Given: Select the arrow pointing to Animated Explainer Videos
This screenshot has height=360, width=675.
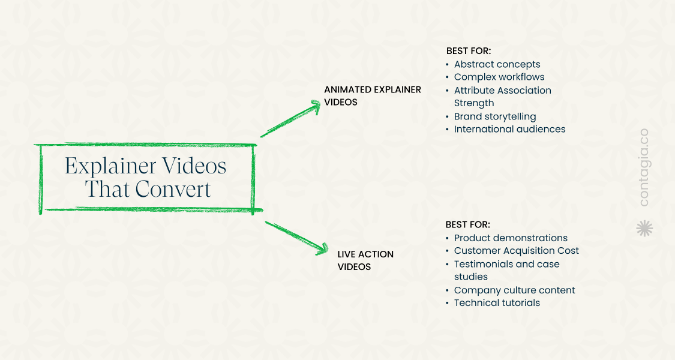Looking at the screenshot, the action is pos(291,119).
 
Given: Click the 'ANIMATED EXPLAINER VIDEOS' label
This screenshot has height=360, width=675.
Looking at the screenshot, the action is pos(372,95).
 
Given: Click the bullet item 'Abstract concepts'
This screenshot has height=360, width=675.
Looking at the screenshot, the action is pos(497,64).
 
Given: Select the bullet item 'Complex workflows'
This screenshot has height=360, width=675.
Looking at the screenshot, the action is pos(499,77).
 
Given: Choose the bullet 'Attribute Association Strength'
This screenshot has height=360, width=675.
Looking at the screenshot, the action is pos(502,97).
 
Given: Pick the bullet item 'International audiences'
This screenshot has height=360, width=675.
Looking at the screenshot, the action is pos(509,129).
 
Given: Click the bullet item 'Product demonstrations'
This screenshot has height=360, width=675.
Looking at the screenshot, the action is pos(511,238).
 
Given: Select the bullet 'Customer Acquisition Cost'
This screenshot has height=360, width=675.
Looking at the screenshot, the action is pos(516,251).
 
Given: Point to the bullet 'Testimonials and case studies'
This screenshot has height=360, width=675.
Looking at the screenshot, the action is pos(506,270).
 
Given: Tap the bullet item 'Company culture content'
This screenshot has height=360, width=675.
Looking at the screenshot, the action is pos(514,290).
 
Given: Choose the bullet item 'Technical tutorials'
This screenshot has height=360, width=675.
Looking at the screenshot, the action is pos(497,303).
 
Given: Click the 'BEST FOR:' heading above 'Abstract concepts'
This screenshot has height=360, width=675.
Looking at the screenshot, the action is pos(468,51).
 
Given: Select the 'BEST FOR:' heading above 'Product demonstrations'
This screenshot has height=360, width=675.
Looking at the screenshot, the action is pos(467,224).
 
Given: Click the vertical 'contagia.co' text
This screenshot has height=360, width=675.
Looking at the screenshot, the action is pos(644,167).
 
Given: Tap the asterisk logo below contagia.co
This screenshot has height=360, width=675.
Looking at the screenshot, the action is pos(644,228).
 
